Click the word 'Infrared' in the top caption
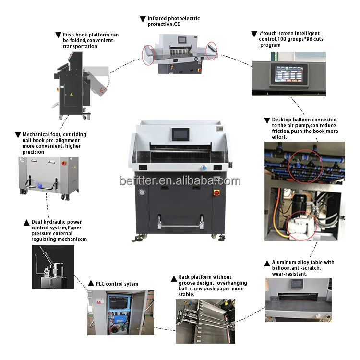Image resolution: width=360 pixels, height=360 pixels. pyautogui.click(x=159, y=19)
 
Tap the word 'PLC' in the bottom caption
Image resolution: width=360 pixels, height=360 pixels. pyautogui.click(x=101, y=284)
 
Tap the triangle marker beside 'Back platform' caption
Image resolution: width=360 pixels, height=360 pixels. pyautogui.click(x=174, y=277)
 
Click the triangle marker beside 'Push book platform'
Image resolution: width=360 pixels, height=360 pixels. pyautogui.click(x=58, y=35)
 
